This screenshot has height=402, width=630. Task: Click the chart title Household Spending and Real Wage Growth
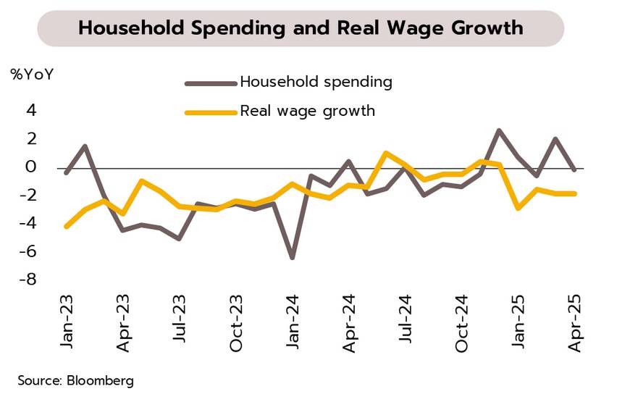tap(301, 28)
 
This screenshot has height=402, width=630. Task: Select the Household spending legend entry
tap(316, 82)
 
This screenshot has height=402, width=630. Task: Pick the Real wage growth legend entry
tap(307, 111)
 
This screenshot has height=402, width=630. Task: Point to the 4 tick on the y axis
tap(31, 110)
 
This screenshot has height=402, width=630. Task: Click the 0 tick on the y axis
tap(31, 167)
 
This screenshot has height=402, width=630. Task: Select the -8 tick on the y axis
tap(28, 279)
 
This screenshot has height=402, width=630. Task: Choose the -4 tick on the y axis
tap(28, 223)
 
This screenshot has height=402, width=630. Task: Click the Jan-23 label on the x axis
tap(67, 323)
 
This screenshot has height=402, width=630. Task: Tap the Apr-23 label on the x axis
tap(123, 323)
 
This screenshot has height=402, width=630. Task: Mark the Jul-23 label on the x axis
tap(180, 323)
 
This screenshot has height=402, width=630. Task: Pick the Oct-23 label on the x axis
tap(236, 323)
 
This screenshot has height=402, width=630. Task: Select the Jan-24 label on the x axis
tap(293, 323)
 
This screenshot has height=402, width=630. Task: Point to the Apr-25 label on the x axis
tap(575, 323)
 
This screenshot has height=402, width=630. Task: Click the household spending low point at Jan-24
tap(293, 257)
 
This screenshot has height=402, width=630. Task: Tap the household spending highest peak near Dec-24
tap(499, 130)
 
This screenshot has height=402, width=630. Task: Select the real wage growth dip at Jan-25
tap(518, 208)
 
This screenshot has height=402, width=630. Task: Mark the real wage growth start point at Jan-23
tap(67, 226)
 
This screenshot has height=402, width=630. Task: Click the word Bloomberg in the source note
tap(100, 380)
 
